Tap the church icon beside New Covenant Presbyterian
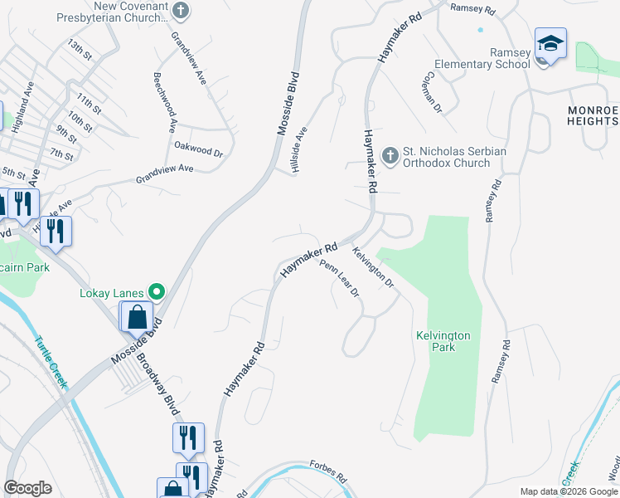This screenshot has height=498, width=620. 182,11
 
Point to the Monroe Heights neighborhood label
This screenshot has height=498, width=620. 593,115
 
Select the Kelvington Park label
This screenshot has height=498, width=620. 443,341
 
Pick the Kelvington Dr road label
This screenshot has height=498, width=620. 371,267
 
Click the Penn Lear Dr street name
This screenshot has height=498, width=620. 339,279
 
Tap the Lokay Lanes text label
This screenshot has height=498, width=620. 112,292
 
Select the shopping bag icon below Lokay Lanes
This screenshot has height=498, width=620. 137,316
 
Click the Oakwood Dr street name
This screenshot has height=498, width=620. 199,149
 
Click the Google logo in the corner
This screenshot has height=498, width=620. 28,488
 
